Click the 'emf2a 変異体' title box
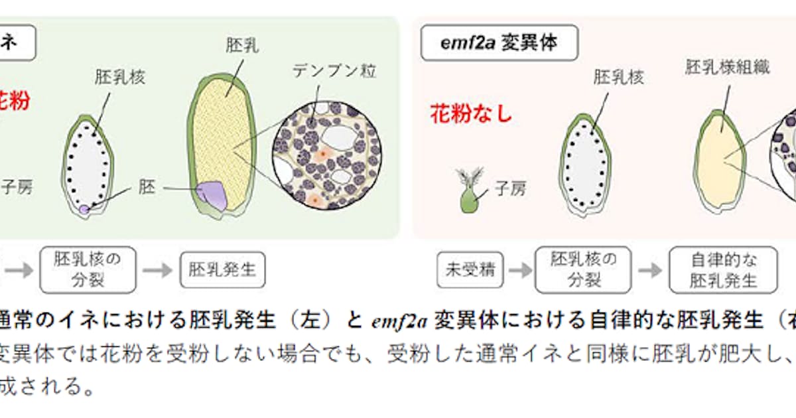tap(499, 44)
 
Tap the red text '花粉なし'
tap(471, 114)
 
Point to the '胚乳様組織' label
tap(728, 68)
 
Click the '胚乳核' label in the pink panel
tap(619, 78)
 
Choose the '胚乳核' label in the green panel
tap(120, 77)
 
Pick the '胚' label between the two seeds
tap(147, 188)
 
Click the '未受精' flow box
tap(470, 270)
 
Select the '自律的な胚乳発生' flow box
tap(723, 270)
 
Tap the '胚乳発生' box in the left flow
tap(222, 270)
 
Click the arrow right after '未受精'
tap(520, 270)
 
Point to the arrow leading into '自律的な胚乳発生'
tap(651, 270)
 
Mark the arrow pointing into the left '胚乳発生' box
tap(157, 270)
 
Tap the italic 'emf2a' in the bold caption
tap(395, 322)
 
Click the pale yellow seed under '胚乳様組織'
tap(719, 162)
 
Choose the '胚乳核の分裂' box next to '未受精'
tap(584, 270)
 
